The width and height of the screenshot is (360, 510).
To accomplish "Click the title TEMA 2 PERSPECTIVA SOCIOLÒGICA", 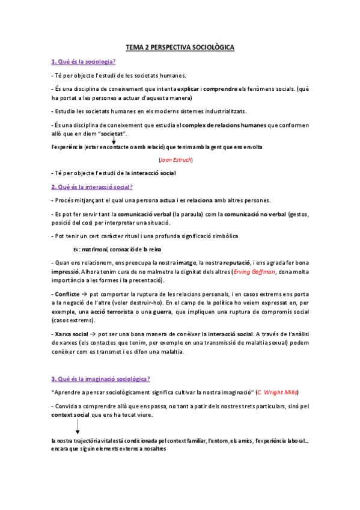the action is point(180,46).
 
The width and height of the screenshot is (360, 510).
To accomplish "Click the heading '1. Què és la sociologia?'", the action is point(84,61).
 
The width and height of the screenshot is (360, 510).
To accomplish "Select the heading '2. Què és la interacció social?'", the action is point(92,187).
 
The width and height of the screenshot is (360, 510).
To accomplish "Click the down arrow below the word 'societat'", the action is point(114,139).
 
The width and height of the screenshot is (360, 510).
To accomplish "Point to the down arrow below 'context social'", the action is point(77,426).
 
